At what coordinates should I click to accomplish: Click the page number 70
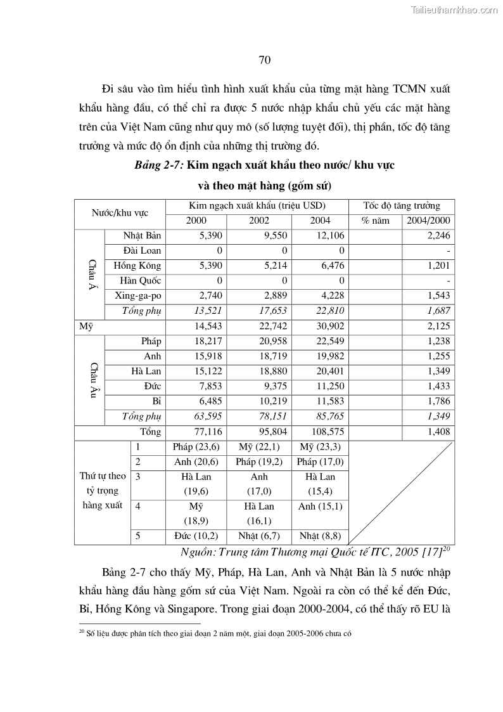(x=265, y=60)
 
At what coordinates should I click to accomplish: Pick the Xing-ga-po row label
(x=138, y=296)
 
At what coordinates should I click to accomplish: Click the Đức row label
(x=151, y=386)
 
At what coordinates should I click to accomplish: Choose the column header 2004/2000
(x=428, y=221)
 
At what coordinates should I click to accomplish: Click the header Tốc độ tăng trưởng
(x=402, y=206)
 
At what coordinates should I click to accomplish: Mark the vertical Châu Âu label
(x=93, y=380)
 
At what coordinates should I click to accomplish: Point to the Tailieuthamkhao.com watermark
(x=454, y=10)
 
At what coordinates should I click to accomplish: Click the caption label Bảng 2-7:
(x=159, y=165)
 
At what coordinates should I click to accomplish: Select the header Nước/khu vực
(x=120, y=213)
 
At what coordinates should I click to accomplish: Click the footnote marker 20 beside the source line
(x=446, y=548)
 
